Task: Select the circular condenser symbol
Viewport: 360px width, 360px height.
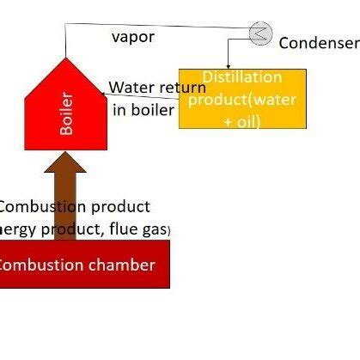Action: tap(259, 33)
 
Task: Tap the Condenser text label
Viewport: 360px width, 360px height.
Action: tap(318, 42)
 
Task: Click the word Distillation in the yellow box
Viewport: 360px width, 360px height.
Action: tap(229, 78)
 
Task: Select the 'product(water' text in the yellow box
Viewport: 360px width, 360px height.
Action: tap(242, 99)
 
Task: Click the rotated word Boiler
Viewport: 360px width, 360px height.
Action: tap(67, 113)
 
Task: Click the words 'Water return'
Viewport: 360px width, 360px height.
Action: tap(157, 88)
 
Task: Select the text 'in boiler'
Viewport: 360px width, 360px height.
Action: tap(143, 109)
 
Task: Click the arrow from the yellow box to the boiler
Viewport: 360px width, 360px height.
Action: tap(142, 96)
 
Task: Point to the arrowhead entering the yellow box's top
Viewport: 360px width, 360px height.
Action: tap(228, 64)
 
